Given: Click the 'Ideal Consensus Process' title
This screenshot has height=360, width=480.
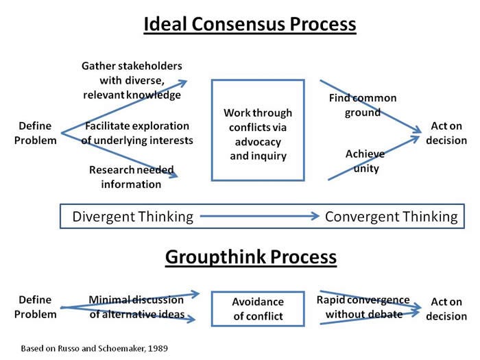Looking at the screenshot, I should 250,25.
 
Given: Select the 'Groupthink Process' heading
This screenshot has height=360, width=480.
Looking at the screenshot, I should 250,257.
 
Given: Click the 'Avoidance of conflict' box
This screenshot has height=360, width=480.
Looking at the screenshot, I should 257,309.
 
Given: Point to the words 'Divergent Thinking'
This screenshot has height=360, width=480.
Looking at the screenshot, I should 133,217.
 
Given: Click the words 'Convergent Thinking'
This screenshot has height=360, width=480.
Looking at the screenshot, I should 391,217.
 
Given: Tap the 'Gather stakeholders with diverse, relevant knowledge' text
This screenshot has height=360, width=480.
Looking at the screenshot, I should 132,80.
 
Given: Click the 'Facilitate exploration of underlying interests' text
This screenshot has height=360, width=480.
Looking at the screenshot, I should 137,133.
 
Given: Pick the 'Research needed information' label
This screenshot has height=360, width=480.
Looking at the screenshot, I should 132,177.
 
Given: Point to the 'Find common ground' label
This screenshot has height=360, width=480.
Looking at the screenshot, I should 363,105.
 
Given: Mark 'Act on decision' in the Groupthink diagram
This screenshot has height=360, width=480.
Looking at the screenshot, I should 446,309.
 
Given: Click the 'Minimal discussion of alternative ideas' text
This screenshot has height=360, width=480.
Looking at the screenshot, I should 136,307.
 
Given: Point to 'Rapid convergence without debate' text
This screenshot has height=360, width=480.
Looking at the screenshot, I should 363,307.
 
